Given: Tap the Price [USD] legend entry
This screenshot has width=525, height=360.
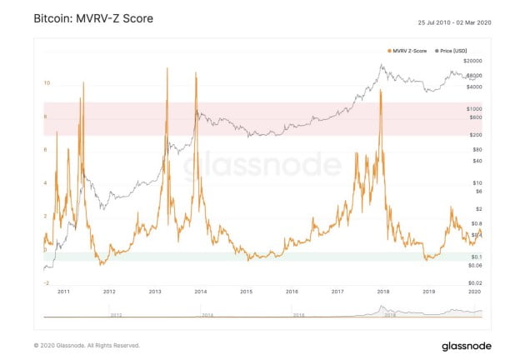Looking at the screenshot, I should click(457, 52).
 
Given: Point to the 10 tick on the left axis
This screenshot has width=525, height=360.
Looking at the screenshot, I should click(47, 83).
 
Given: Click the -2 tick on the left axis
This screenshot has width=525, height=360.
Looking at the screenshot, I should click(46, 283).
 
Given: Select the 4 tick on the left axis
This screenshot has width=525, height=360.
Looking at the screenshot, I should click(47, 183).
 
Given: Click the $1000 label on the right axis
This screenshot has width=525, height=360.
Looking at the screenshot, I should click(474, 109).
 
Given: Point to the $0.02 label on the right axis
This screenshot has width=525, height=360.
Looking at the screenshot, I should click(474, 283).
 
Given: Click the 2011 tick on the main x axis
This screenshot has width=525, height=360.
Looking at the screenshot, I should click(62, 292).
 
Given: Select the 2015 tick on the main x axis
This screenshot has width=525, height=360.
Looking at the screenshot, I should click(246, 292).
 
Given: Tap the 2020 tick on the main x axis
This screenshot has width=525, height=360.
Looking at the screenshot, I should click(474, 292).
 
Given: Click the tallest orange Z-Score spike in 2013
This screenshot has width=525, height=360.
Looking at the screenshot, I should click(167, 67).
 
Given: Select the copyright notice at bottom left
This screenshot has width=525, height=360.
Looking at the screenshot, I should click(87, 345).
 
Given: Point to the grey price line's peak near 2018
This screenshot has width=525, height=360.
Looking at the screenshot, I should click(381, 64).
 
